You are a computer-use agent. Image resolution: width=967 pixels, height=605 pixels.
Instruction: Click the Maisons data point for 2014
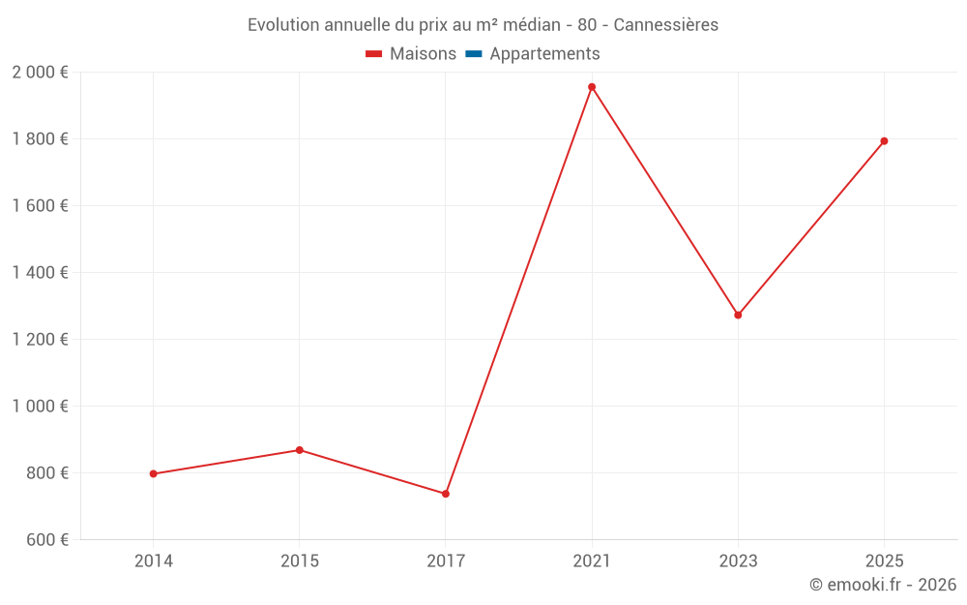pos(153,473)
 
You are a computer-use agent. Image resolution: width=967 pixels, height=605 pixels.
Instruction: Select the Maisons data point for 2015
pos(300,450)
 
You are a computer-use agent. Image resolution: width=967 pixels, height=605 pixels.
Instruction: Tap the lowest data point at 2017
pos(446,494)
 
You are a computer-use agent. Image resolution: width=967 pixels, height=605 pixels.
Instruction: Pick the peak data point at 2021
pos(592,87)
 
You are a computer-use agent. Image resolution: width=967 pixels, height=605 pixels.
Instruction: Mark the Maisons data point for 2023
pos(738,315)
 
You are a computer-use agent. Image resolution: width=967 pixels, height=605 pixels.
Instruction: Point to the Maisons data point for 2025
pos(884,141)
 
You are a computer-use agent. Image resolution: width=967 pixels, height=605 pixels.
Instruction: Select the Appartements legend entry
pos(544,54)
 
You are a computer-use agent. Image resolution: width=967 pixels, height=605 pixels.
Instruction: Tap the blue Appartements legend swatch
pos(474,54)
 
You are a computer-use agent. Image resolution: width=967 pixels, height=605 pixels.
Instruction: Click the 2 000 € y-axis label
pos(40,73)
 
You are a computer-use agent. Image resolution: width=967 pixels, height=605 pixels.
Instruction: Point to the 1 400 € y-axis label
pos(40,273)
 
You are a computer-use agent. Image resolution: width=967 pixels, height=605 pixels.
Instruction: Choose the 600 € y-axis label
pos(45,540)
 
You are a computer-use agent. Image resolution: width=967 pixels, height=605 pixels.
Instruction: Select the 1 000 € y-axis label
pos(40,407)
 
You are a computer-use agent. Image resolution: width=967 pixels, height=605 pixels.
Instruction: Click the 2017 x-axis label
pos(446,560)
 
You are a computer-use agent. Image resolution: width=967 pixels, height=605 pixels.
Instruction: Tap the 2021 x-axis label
pos(592,560)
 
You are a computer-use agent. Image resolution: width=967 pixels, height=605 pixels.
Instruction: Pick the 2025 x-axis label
pos(884,560)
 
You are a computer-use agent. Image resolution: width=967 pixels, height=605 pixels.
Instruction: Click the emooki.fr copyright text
pos(883,585)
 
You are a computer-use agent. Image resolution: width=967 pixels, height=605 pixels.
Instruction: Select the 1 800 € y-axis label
pos(40,139)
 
